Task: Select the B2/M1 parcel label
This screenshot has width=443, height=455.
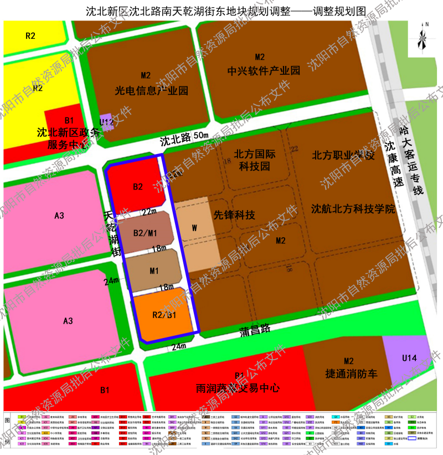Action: (x=145, y=233)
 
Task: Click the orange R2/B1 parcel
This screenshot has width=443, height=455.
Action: (x=164, y=314)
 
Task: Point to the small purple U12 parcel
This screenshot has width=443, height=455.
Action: (x=106, y=122)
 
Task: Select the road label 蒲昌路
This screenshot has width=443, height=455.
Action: (x=255, y=329)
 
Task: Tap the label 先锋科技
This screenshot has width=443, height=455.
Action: (x=234, y=215)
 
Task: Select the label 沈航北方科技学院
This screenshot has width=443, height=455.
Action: (x=353, y=209)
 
